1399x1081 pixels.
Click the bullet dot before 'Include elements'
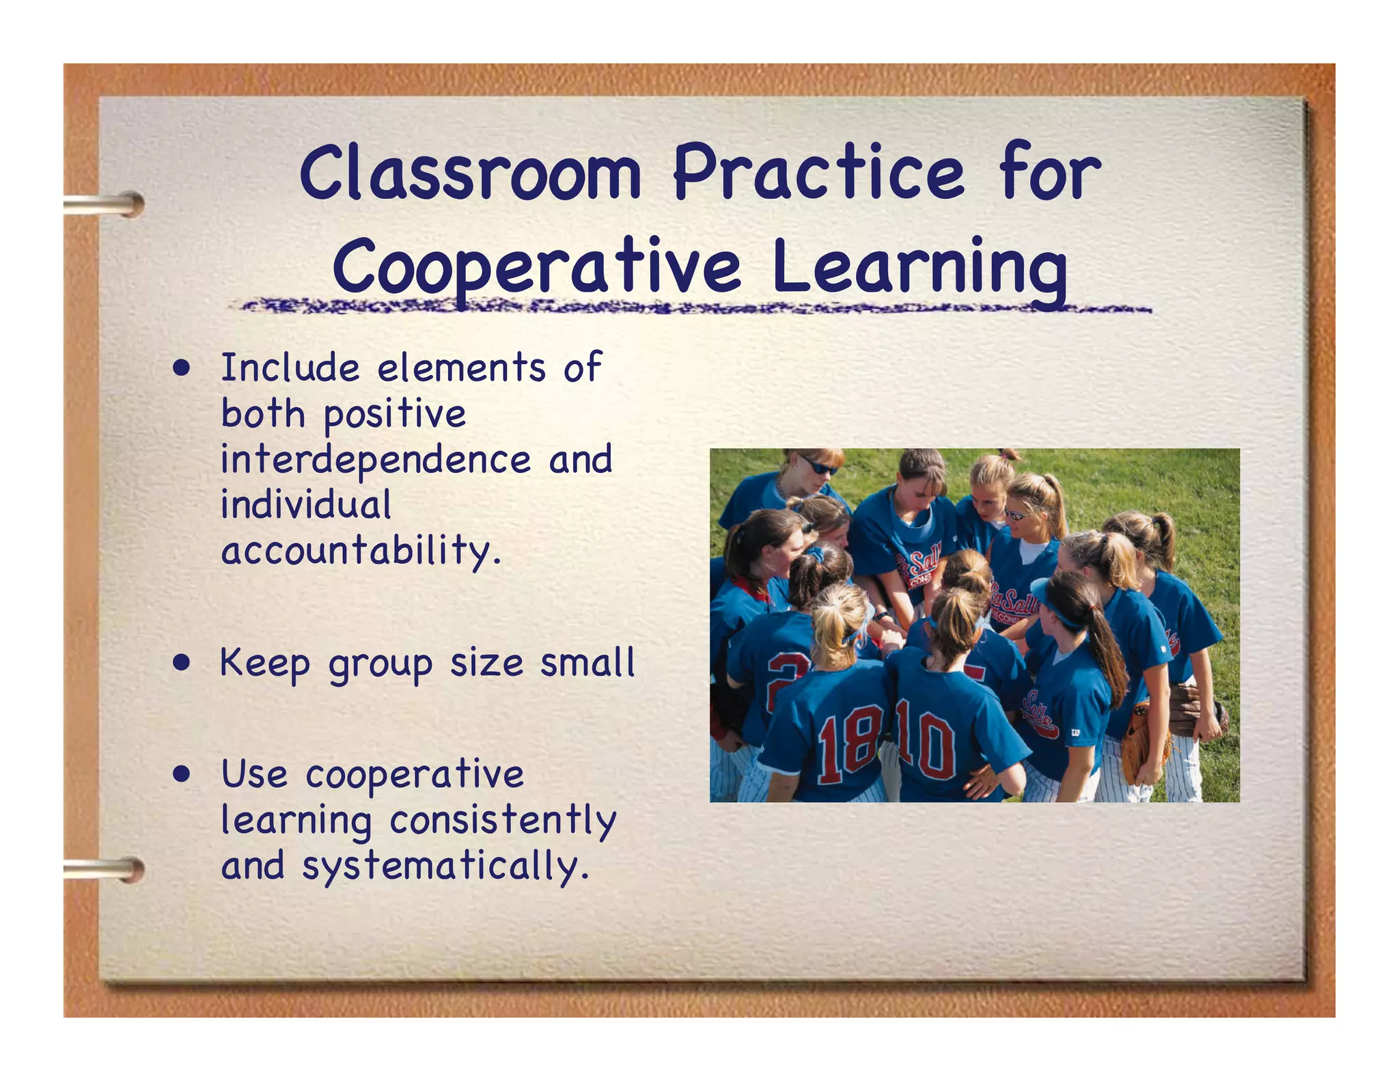pos(182,369)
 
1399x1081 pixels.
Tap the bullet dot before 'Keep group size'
pos(182,663)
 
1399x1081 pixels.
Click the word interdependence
pos(376,459)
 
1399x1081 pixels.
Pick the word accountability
pos(360,551)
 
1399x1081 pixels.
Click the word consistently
pos(503,820)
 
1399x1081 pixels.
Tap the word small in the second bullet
pos(587,663)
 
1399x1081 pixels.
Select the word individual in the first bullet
pos(306,504)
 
